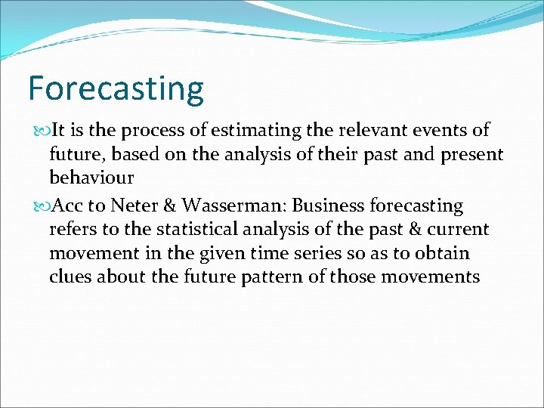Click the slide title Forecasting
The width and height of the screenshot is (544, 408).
click(116, 88)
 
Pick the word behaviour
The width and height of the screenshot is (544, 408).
click(91, 178)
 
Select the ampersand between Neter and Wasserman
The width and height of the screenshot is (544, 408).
click(169, 206)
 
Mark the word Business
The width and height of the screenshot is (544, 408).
click(327, 206)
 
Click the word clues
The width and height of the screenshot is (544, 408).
click(70, 277)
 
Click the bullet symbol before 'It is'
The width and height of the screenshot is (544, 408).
click(40, 131)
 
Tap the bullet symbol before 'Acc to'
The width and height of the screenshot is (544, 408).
click(40, 206)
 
